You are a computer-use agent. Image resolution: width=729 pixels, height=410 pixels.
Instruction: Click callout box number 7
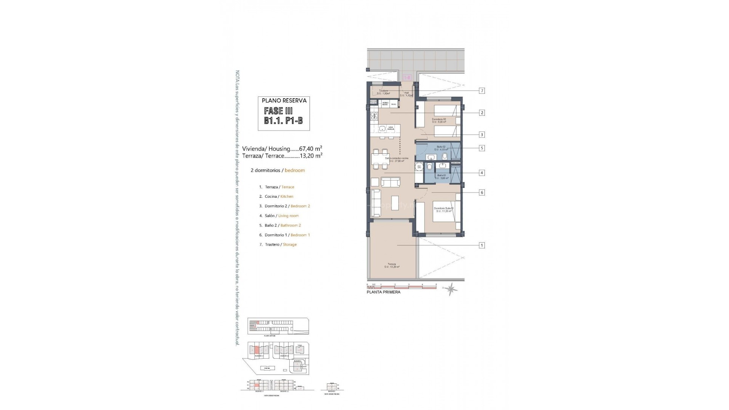482,91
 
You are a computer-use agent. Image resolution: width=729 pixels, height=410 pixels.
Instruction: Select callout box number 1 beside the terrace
482,245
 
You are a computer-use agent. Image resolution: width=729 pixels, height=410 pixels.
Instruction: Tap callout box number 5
482,148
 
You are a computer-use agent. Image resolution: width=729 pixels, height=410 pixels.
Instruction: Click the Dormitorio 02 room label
439,120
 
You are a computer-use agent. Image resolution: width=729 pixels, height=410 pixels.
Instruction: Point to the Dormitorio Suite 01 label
443,209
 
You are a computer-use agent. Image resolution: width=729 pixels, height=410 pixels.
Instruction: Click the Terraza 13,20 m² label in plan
392,265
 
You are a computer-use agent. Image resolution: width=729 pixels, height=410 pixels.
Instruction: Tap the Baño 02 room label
441,148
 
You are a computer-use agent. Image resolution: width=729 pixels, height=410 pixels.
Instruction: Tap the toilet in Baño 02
445,156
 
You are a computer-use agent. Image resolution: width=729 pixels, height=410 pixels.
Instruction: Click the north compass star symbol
451,289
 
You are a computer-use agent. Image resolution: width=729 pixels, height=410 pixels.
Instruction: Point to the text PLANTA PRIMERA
383,292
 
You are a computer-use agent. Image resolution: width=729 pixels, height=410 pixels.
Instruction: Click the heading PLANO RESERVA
284,101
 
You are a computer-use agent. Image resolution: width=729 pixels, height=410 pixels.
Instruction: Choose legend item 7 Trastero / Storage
278,244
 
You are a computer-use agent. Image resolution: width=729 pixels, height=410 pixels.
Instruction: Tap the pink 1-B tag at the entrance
407,78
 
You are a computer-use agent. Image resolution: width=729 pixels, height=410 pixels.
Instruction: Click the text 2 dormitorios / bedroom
278,170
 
